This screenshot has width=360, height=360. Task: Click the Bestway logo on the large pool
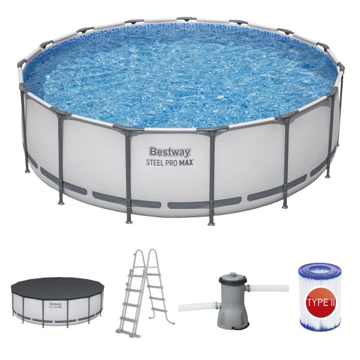click(x=170, y=152)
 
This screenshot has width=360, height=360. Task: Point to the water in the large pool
click(x=180, y=72)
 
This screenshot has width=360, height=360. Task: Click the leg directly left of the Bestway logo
click(x=129, y=174)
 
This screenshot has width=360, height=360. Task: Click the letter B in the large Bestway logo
click(x=152, y=152)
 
